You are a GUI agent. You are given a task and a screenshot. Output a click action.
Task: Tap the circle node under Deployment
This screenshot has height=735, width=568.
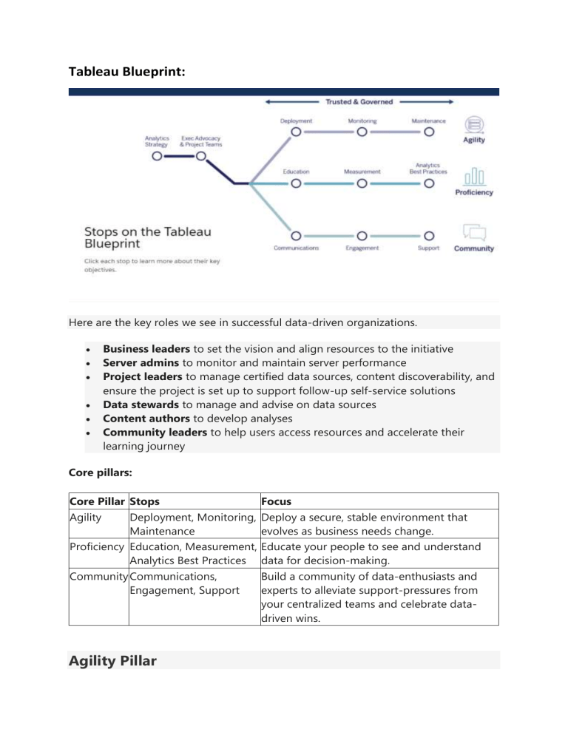coord(296,132)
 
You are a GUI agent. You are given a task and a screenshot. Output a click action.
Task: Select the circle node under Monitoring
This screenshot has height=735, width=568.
coord(362,132)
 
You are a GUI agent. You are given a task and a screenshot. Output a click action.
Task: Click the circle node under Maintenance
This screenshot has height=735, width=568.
coord(428,132)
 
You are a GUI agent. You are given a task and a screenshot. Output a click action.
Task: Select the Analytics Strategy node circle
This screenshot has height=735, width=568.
coord(157,156)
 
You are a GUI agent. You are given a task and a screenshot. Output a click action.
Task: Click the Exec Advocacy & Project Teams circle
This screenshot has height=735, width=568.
coord(200,156)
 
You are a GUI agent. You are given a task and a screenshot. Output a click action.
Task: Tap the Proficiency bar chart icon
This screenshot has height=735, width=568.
coord(474,177)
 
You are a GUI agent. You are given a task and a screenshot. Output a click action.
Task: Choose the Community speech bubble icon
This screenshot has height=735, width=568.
coord(474,232)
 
